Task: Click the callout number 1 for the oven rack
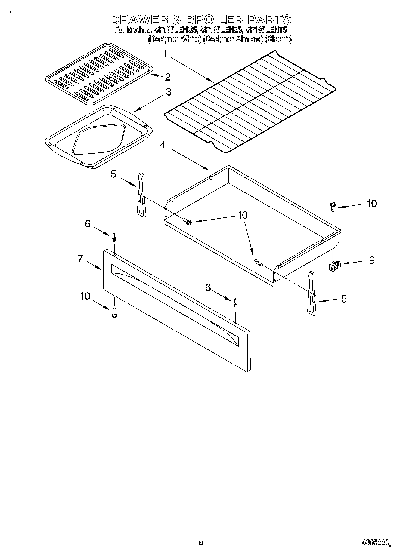[165, 54]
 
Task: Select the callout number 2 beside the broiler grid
[168, 77]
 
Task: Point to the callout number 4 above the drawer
[163, 145]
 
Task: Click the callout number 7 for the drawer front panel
[80, 258]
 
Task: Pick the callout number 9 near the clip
[372, 260]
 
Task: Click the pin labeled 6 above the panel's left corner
[114, 238]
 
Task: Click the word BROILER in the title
[214, 20]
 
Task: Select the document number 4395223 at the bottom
[375, 542]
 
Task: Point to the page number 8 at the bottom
[201, 542]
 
